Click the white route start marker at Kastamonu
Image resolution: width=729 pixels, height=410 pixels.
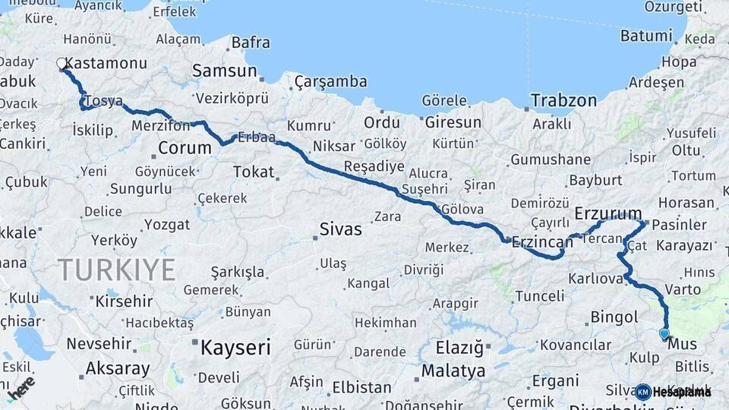(62, 64)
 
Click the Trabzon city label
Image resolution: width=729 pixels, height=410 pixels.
(563, 100)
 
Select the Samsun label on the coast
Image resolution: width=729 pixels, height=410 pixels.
(224, 71)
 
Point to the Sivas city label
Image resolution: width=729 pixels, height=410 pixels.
(340, 229)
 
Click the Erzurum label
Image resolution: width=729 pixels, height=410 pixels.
(608, 212)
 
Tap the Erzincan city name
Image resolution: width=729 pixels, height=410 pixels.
(542, 241)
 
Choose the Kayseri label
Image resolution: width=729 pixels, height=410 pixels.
(235, 348)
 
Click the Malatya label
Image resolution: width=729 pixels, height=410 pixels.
(453, 371)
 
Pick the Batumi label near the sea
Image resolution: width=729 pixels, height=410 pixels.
(646, 36)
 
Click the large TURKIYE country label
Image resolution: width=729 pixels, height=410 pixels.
(117, 270)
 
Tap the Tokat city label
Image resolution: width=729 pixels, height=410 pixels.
(253, 172)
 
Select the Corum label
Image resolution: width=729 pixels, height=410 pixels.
(185, 147)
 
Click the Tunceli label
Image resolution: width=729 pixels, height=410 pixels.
(541, 295)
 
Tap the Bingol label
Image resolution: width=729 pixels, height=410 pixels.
(614, 317)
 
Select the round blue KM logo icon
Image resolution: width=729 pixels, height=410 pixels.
(643, 392)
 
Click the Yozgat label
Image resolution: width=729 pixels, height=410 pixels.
(166, 224)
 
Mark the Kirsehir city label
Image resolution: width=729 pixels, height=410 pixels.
(124, 301)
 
